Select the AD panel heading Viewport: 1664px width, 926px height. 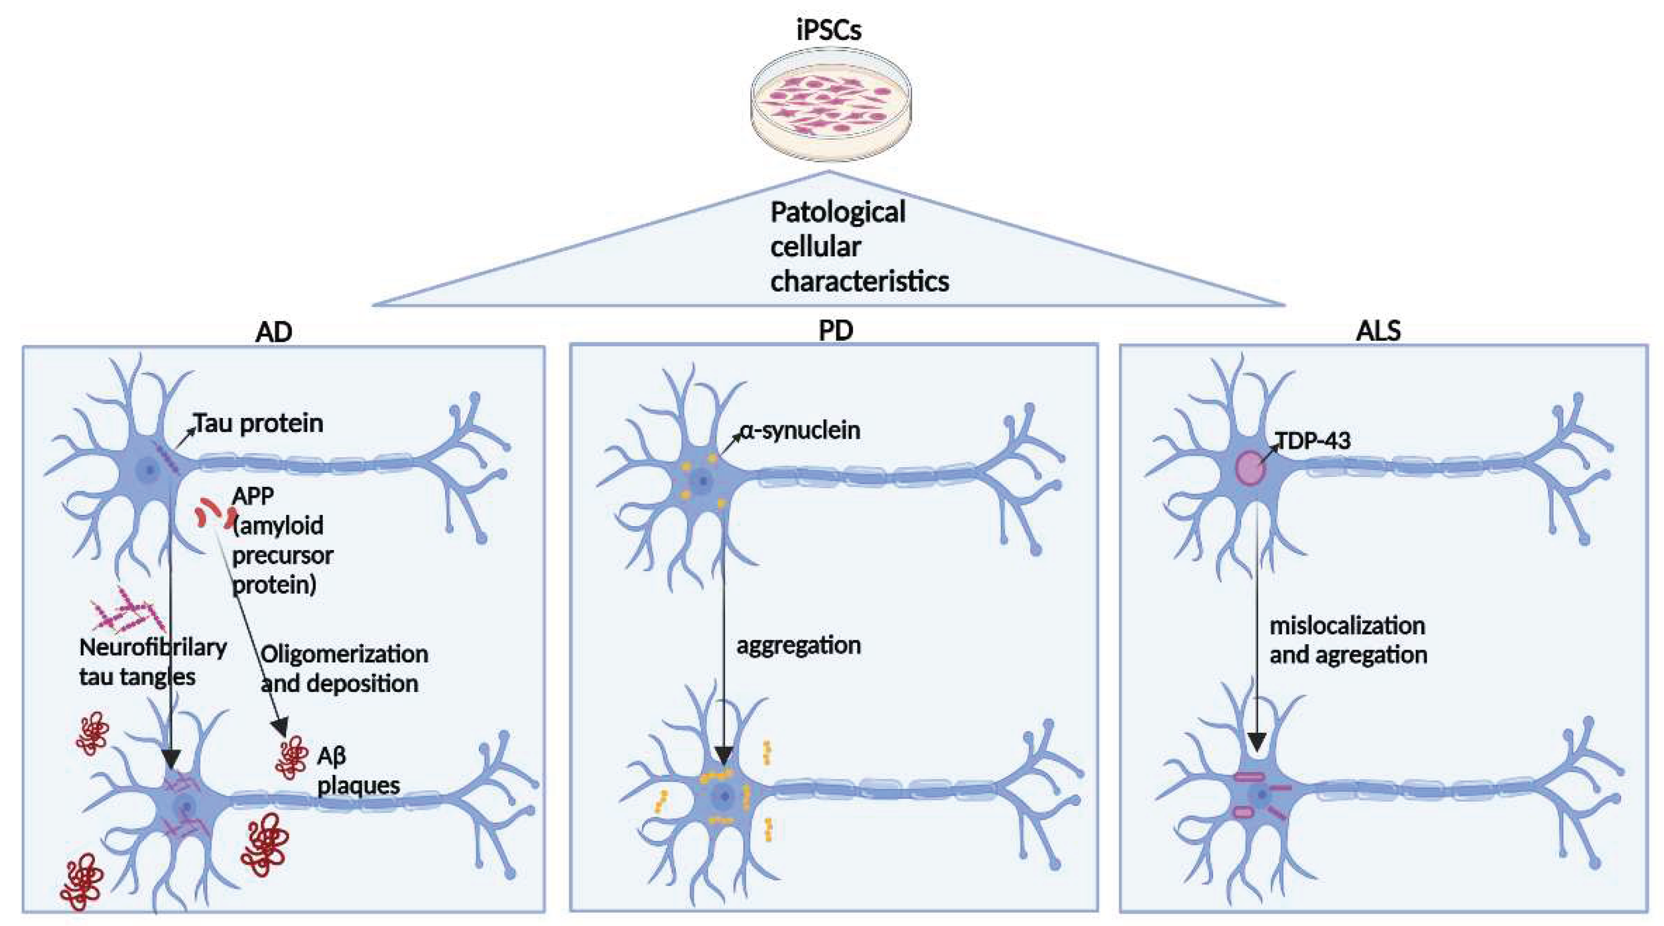274,331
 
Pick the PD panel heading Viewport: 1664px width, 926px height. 836,330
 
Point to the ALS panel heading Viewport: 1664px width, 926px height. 1378,330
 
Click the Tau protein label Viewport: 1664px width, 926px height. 259,424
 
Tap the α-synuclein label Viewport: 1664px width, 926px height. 800,430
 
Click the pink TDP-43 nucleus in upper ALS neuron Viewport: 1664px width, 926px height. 1250,468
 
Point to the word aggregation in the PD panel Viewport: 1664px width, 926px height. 799,645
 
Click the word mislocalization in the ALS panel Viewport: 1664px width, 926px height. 1347,625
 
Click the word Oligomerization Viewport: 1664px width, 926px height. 344,654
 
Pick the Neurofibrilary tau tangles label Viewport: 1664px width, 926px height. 152,662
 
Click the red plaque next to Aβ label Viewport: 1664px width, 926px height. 291,757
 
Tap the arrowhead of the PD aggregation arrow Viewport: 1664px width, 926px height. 724,756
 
